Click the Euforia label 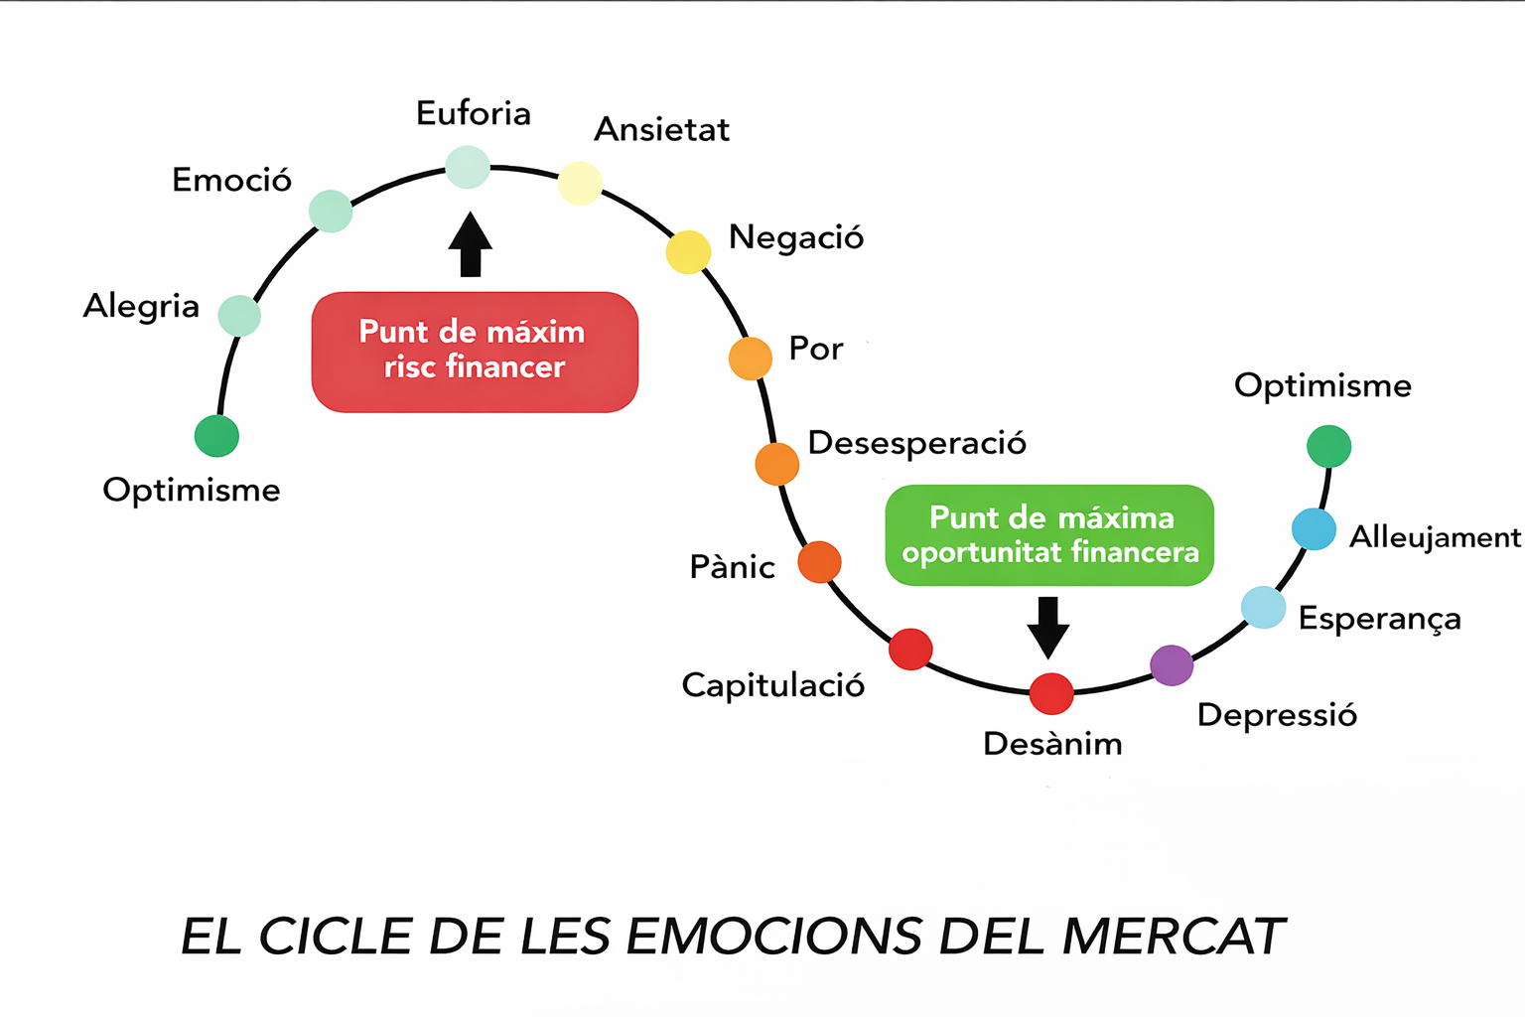tap(474, 113)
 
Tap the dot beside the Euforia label tap(468, 167)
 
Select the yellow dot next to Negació tap(688, 252)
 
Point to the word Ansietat tap(661, 130)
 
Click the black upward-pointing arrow tap(471, 243)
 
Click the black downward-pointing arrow tap(1047, 627)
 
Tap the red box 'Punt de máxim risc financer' tap(475, 352)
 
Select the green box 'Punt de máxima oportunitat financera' tap(1049, 535)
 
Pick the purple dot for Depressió tap(1172, 665)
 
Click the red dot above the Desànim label tap(1051, 693)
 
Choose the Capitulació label tap(772, 685)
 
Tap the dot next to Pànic tap(820, 562)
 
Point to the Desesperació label tap(916, 443)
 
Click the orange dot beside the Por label tap(751, 359)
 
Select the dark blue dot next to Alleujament tap(1314, 529)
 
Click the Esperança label tap(1379, 619)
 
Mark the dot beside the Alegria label tap(239, 316)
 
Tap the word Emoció tap(232, 180)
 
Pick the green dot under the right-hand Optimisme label tap(1328, 446)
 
